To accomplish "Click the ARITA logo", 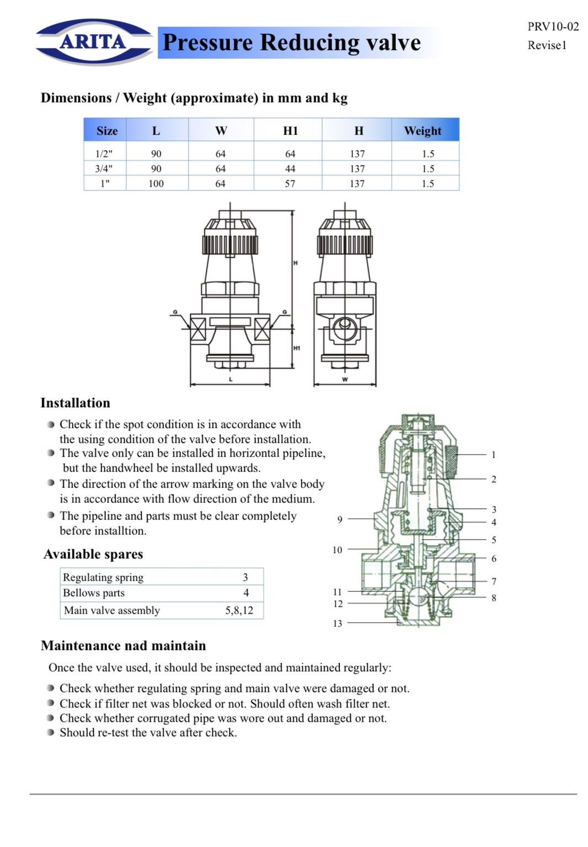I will click(93, 42).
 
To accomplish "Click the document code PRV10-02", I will click(553, 26).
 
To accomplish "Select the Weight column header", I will click(423, 131).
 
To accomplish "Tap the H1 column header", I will click(290, 131).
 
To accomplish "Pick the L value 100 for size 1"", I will click(156, 184).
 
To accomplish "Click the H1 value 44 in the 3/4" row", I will click(290, 169).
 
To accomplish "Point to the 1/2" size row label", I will click(104, 154).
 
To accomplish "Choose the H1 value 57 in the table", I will click(290, 184).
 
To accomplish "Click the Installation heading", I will click(76, 403).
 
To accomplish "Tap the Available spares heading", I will click(93, 554).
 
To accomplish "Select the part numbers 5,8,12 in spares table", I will click(239, 610).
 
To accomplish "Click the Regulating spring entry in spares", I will click(103, 577).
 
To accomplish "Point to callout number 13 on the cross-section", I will click(338, 624).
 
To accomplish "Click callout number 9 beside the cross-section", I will click(340, 519).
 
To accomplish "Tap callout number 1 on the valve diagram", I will click(494, 455).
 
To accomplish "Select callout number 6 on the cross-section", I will click(494, 558).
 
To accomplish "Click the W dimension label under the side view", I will click(345, 380).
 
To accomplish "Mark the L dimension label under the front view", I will click(231, 380).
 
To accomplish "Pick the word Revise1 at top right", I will click(547, 45).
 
